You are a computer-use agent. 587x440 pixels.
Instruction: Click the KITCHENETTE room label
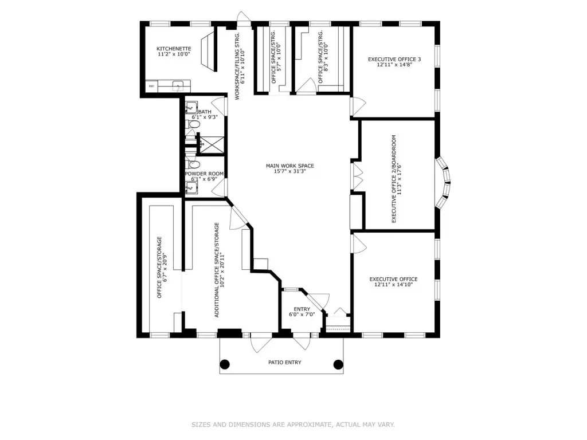(174, 49)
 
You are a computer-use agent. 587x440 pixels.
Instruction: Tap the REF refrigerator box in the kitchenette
(151, 86)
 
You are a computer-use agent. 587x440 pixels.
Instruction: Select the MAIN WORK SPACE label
(289, 166)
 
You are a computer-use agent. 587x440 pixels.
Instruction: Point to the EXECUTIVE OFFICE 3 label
(394, 59)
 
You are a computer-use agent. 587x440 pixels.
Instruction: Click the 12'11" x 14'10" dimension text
(393, 285)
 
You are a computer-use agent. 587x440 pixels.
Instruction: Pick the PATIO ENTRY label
(284, 362)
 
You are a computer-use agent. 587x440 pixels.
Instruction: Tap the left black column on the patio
(225, 364)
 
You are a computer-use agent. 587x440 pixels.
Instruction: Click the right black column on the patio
(338, 364)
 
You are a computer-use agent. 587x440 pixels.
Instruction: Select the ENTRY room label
(302, 309)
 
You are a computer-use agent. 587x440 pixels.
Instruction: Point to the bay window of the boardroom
(444, 182)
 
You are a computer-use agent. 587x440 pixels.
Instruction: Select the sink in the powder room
(191, 188)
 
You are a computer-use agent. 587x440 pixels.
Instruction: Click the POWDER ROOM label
(204, 174)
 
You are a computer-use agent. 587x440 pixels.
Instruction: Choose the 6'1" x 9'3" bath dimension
(205, 117)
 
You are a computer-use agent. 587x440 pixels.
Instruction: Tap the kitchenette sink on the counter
(178, 86)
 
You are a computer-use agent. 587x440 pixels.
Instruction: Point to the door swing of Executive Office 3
(358, 107)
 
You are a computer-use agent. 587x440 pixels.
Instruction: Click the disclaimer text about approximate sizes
(293, 425)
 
